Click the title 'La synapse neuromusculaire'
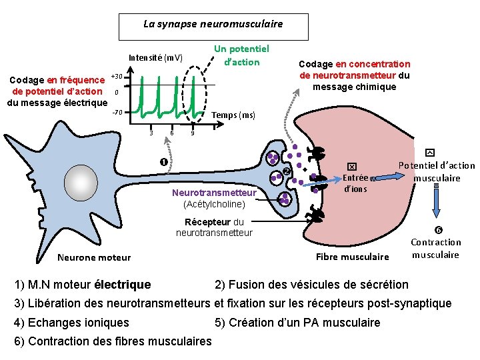coord(213,24)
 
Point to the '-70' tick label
coord(117,113)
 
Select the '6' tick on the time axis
coord(172,133)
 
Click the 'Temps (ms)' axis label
coord(233,115)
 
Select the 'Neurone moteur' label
coord(94,257)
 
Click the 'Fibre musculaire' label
coord(351,257)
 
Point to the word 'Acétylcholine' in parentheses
coord(215,203)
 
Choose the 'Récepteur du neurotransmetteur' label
coord(214,227)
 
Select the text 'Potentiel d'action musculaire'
coord(437,172)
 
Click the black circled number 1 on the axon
coord(163,163)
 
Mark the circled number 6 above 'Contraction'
coord(437,230)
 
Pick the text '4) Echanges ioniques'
coord(72,323)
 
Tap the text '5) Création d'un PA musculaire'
coord(297,323)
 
